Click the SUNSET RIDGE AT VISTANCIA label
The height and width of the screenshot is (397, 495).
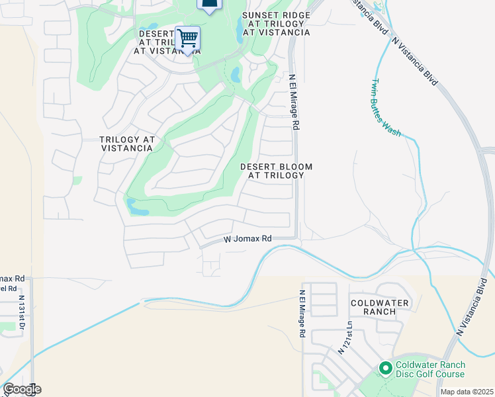[276, 23]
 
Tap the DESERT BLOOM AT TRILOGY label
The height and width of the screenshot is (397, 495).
[276, 171]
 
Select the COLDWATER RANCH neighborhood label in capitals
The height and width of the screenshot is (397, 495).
[380, 307]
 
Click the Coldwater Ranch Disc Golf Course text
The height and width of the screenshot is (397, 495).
[430, 370]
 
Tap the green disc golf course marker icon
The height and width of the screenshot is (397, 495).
[384, 367]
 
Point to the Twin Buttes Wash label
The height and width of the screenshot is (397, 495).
[385, 108]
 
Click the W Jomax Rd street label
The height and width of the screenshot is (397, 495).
[247, 238]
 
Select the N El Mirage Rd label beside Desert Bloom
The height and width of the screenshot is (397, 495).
[295, 101]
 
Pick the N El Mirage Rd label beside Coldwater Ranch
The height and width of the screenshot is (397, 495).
[302, 314]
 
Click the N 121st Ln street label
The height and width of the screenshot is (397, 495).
[344, 337]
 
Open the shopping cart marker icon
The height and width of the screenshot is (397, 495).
[188, 38]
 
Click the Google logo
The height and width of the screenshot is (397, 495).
[22, 389]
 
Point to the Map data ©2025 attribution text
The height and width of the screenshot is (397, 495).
[467, 392]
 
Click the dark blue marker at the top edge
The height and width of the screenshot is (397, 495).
[209, 6]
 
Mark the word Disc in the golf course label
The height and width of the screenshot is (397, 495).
[406, 375]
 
